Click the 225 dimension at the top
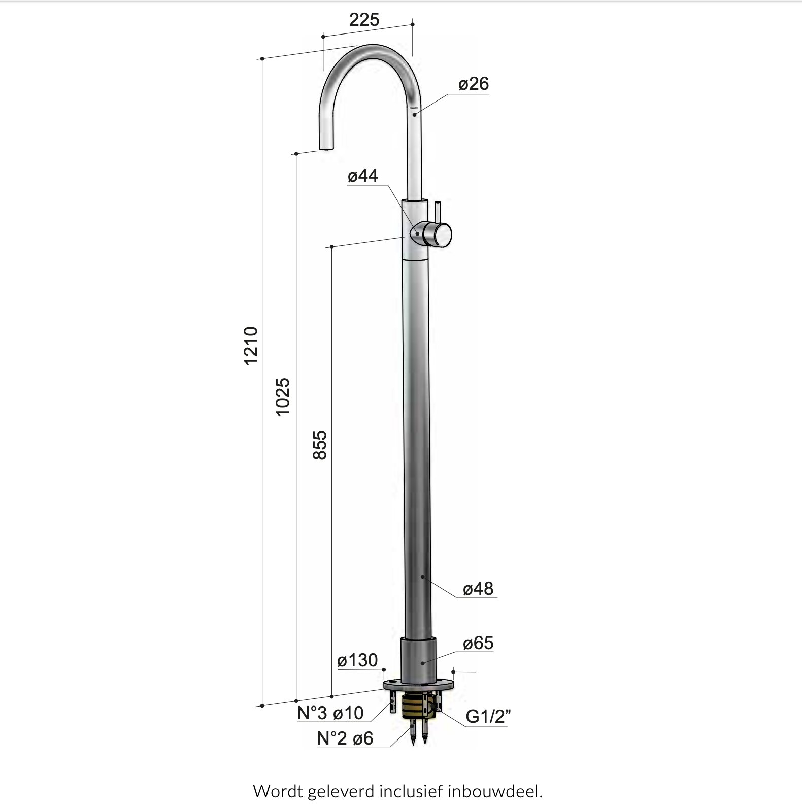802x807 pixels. point(364,20)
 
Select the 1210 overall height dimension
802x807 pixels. point(251,345)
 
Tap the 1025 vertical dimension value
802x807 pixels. point(282,397)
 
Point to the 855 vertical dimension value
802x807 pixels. point(319,445)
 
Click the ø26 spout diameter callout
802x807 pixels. point(474,84)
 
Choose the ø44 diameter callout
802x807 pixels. point(363,176)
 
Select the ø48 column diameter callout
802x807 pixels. point(478,589)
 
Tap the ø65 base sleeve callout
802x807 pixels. point(478,643)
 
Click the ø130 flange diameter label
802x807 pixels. point(358,660)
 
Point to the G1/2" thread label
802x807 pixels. point(488,716)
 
